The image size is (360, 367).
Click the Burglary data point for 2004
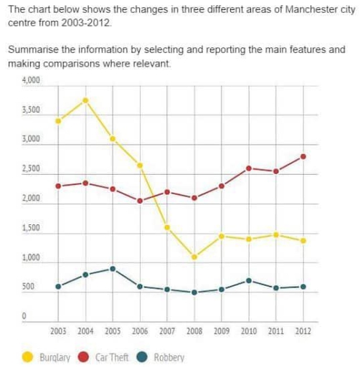click(85, 100)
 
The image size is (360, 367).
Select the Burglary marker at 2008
click(194, 257)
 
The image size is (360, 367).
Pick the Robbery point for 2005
click(113, 269)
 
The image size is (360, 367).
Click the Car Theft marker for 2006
click(140, 201)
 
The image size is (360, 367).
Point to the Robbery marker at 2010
click(248, 280)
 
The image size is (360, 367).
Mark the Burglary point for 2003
click(58, 120)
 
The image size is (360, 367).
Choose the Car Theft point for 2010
click(248, 168)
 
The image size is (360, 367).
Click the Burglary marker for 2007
click(167, 227)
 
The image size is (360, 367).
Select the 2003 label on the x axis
click(58, 332)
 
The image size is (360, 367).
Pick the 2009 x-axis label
click(221, 332)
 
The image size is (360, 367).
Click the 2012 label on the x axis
click(303, 332)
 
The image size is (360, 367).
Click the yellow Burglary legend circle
click(29, 357)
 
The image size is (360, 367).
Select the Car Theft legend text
click(111, 357)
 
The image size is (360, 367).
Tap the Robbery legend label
click(169, 357)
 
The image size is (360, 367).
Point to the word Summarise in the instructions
click(32, 50)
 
